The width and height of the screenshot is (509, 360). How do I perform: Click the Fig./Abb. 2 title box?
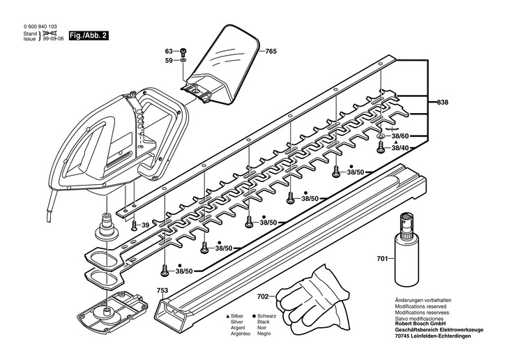click(89, 36)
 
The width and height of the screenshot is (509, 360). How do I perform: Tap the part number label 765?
click(271, 52)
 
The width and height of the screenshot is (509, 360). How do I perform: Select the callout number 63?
click(169, 52)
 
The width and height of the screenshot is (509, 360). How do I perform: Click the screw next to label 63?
click(183, 52)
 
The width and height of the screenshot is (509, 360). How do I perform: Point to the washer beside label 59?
click(183, 61)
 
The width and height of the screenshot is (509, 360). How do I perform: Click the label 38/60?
click(400, 137)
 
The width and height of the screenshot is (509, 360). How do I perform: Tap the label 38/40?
click(400, 148)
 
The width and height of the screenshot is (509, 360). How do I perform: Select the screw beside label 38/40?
click(381, 147)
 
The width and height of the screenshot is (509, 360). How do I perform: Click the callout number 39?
click(145, 225)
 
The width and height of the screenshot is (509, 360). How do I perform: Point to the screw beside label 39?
click(135, 225)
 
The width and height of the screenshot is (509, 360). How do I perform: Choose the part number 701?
click(382, 259)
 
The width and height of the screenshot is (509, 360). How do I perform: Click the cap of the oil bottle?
click(407, 223)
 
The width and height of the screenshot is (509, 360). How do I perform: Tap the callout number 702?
click(263, 297)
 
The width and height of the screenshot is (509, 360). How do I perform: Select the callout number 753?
click(162, 290)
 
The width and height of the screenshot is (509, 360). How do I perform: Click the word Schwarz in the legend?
click(266, 316)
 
